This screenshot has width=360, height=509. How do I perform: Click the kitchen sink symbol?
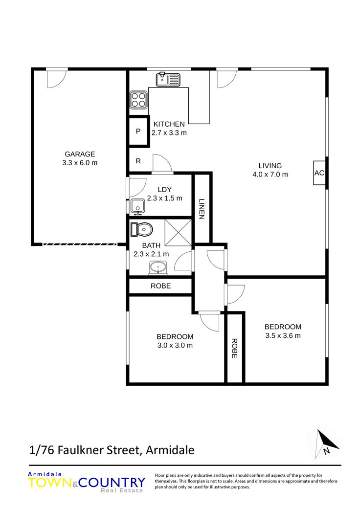(168, 79)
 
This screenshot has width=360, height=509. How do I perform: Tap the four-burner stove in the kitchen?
(138, 100)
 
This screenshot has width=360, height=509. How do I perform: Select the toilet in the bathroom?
(141, 230)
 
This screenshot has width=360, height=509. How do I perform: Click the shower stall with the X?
(178, 232)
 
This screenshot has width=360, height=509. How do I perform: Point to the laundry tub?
(138, 206)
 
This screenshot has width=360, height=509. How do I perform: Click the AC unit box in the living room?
(319, 173)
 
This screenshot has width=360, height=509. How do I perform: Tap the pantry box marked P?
(138, 131)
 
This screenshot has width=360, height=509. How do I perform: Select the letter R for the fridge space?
(138, 161)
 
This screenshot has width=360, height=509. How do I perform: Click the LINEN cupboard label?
(202, 209)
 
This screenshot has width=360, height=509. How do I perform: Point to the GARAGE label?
(80, 154)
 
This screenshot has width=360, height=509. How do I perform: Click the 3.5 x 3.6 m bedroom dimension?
(283, 335)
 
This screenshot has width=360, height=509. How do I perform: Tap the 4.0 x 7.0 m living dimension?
(270, 175)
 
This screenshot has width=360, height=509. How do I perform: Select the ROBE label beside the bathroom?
(161, 286)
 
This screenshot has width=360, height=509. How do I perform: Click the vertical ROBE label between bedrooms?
(234, 348)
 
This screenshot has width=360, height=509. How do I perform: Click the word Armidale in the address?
(170, 450)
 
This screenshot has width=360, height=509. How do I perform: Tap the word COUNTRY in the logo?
(112, 483)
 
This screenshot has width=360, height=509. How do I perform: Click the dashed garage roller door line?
(80, 244)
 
